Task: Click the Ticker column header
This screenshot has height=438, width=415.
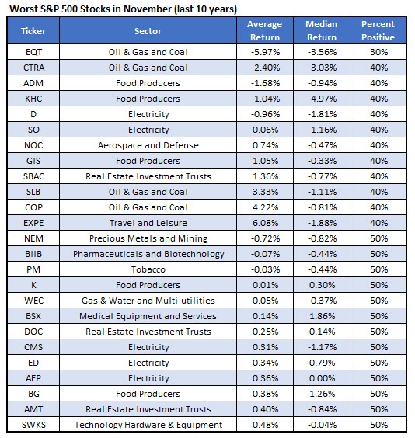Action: pos(33,31)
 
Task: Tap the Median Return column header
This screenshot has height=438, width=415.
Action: pos(321,31)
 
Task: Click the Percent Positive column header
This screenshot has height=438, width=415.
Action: pos(378,31)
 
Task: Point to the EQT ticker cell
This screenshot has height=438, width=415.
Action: pos(33,52)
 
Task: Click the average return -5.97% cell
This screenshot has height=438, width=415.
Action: pos(263,52)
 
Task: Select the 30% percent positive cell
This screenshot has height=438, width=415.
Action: pos(378,52)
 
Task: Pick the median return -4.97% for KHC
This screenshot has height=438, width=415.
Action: pos(321,99)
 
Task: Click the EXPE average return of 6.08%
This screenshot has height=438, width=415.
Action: pos(263,223)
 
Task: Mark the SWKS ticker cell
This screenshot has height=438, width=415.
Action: pos(33,425)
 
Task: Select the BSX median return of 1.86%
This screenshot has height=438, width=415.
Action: pos(321,316)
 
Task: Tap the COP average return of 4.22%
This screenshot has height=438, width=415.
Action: pos(263,207)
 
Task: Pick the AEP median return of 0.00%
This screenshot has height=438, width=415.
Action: pos(321,378)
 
